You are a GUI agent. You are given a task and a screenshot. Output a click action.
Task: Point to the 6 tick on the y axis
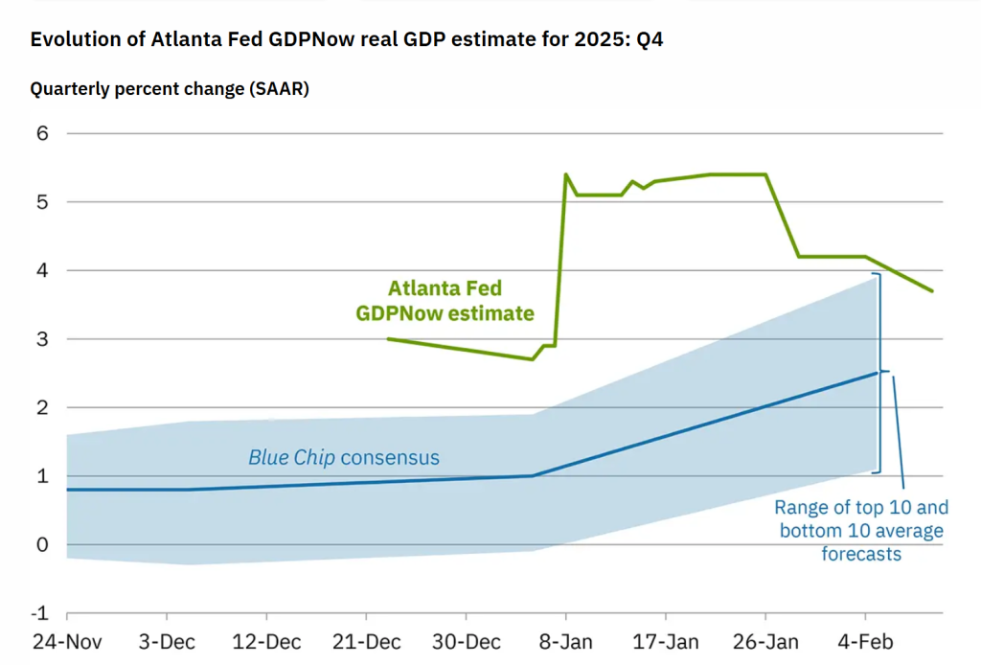pyautogui.click(x=41, y=133)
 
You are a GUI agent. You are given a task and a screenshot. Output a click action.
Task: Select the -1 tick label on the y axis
pyautogui.click(x=38, y=613)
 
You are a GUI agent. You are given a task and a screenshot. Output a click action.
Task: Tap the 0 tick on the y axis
pyautogui.click(x=41, y=544)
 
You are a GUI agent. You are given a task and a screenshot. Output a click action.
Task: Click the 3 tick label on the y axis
pyautogui.click(x=41, y=339)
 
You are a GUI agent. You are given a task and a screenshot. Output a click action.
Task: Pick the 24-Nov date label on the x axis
pyautogui.click(x=67, y=641)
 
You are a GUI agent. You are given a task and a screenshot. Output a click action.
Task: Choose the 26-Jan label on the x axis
pyautogui.click(x=765, y=641)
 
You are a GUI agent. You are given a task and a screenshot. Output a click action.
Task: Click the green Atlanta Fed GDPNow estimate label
pyautogui.click(x=445, y=300)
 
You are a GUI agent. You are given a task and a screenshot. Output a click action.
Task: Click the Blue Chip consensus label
pyautogui.click(x=344, y=457)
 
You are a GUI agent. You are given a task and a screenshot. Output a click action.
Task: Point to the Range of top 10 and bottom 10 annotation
pyautogui.click(x=860, y=530)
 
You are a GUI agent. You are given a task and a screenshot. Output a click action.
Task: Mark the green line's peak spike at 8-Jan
pyautogui.click(x=566, y=174)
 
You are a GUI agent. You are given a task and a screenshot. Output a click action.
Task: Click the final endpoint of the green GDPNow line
pyautogui.click(x=932, y=291)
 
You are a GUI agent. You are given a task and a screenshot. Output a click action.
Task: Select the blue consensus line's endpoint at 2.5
pyautogui.click(x=877, y=373)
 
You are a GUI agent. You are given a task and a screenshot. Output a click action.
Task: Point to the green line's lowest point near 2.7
pyautogui.click(x=533, y=359)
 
